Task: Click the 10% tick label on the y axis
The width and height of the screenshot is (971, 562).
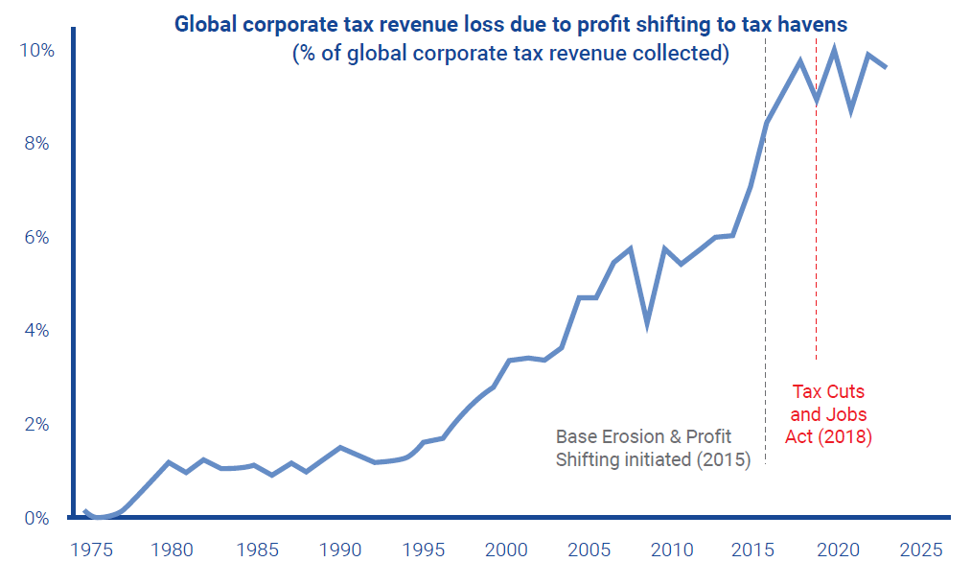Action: click(37, 51)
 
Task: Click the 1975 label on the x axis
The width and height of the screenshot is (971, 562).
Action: click(88, 550)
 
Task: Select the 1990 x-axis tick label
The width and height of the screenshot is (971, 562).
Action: click(340, 550)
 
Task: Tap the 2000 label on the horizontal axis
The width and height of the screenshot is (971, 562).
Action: click(507, 550)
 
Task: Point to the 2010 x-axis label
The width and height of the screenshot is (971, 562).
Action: click(675, 550)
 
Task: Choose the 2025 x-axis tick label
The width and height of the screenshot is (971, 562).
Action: click(926, 550)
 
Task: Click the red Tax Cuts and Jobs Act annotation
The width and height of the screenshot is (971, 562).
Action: click(828, 414)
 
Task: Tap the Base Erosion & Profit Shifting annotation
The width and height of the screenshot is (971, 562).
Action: click(652, 448)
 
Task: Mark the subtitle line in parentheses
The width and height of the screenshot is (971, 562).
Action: click(510, 54)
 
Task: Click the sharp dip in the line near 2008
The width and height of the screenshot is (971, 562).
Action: click(649, 324)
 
